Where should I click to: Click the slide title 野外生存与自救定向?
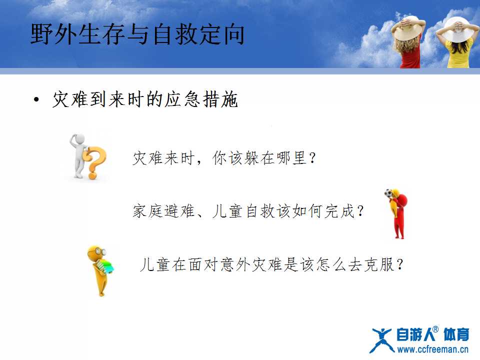(137, 34)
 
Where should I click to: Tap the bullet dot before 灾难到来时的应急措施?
(36, 100)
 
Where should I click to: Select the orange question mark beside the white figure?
(94, 162)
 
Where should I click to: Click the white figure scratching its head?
(78, 155)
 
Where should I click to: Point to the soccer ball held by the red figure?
(388, 193)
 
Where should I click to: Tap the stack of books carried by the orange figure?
(105, 266)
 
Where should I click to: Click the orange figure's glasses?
(100, 251)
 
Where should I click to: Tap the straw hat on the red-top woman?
(408, 28)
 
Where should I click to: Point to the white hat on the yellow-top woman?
(457, 29)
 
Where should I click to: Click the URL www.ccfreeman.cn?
(432, 349)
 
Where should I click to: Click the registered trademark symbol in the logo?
(435, 329)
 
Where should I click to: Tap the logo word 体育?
(456, 334)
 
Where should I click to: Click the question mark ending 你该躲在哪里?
(312, 158)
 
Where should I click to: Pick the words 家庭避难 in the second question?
(163, 211)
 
